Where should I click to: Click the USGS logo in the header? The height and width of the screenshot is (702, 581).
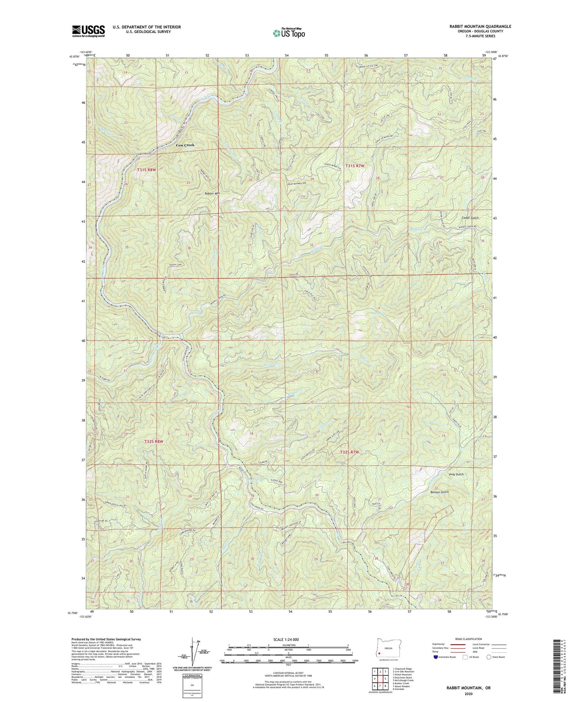coord(88,31)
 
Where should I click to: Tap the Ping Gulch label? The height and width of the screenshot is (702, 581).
coord(456,474)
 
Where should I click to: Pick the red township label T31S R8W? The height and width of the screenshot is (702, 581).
coord(146,170)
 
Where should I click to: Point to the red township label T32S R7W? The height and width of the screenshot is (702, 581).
coord(349,452)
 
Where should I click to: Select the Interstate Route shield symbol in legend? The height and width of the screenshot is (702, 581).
coord(436,657)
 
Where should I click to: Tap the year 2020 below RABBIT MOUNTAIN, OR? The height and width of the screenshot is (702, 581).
coord(468,694)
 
